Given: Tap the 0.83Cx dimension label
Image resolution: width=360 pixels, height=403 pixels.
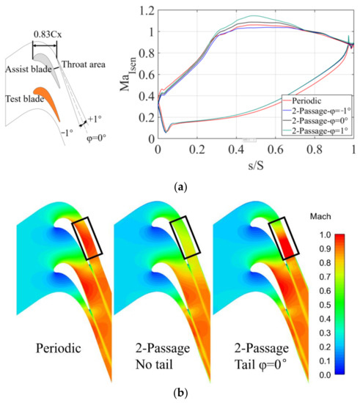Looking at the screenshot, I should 45,33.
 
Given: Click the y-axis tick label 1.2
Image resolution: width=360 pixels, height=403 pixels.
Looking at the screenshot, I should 148,12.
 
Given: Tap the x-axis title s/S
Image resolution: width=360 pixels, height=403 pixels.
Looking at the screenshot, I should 256,160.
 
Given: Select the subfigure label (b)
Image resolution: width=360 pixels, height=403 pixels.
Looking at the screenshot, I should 180,393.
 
